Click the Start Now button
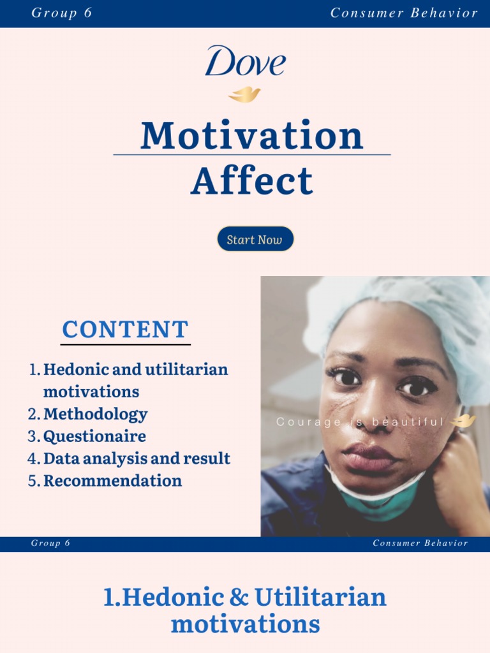(255, 240)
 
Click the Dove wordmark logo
(245, 62)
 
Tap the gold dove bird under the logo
(244, 95)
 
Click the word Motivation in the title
(251, 135)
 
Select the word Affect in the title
(251, 180)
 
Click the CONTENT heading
(125, 330)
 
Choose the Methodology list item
(95, 415)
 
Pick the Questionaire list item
(94, 437)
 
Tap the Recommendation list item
(112, 481)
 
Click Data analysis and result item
(137, 459)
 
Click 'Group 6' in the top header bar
(62, 13)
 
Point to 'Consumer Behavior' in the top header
(404, 13)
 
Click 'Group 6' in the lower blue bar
(50, 543)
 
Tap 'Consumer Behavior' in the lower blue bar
(420, 543)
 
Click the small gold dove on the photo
(463, 421)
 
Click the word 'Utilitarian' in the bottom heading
(320, 598)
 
